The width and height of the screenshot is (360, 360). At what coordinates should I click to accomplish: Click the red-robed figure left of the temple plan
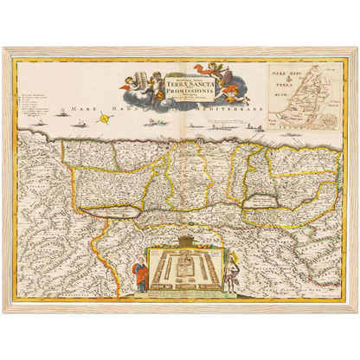pos(140,275)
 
